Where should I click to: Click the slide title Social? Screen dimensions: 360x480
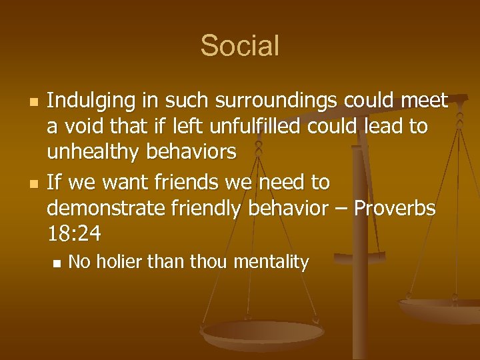click(x=239, y=46)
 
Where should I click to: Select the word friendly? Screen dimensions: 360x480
click(x=207, y=209)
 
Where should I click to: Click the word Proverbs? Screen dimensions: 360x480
click(x=394, y=209)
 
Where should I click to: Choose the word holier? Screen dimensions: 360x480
click(x=119, y=263)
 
